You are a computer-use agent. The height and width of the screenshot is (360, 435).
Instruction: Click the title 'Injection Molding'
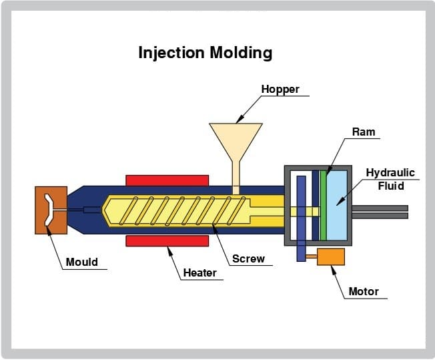click(x=205, y=53)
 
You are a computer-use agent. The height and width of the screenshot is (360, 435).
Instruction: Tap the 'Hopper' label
click(x=280, y=89)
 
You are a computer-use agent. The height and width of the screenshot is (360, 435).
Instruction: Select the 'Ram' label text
click(x=364, y=132)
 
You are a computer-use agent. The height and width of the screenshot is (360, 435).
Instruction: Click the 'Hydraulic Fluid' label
click(x=390, y=179)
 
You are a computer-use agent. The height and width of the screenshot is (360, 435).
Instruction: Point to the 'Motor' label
click(x=364, y=291)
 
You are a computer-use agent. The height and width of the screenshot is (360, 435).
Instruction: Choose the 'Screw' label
click(x=248, y=258)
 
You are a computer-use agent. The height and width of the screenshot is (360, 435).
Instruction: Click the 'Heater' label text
click(x=199, y=273)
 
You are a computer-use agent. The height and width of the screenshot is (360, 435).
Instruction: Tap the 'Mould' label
click(x=81, y=262)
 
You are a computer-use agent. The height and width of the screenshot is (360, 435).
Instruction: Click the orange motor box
click(x=331, y=256)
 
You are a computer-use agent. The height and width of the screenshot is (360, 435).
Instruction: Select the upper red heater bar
click(x=167, y=180)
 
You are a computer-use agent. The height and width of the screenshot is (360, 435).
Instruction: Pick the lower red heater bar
click(x=167, y=240)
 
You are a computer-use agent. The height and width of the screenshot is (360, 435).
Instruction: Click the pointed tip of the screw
click(x=106, y=210)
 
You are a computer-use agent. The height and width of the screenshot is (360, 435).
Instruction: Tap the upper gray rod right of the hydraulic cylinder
click(x=380, y=208)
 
